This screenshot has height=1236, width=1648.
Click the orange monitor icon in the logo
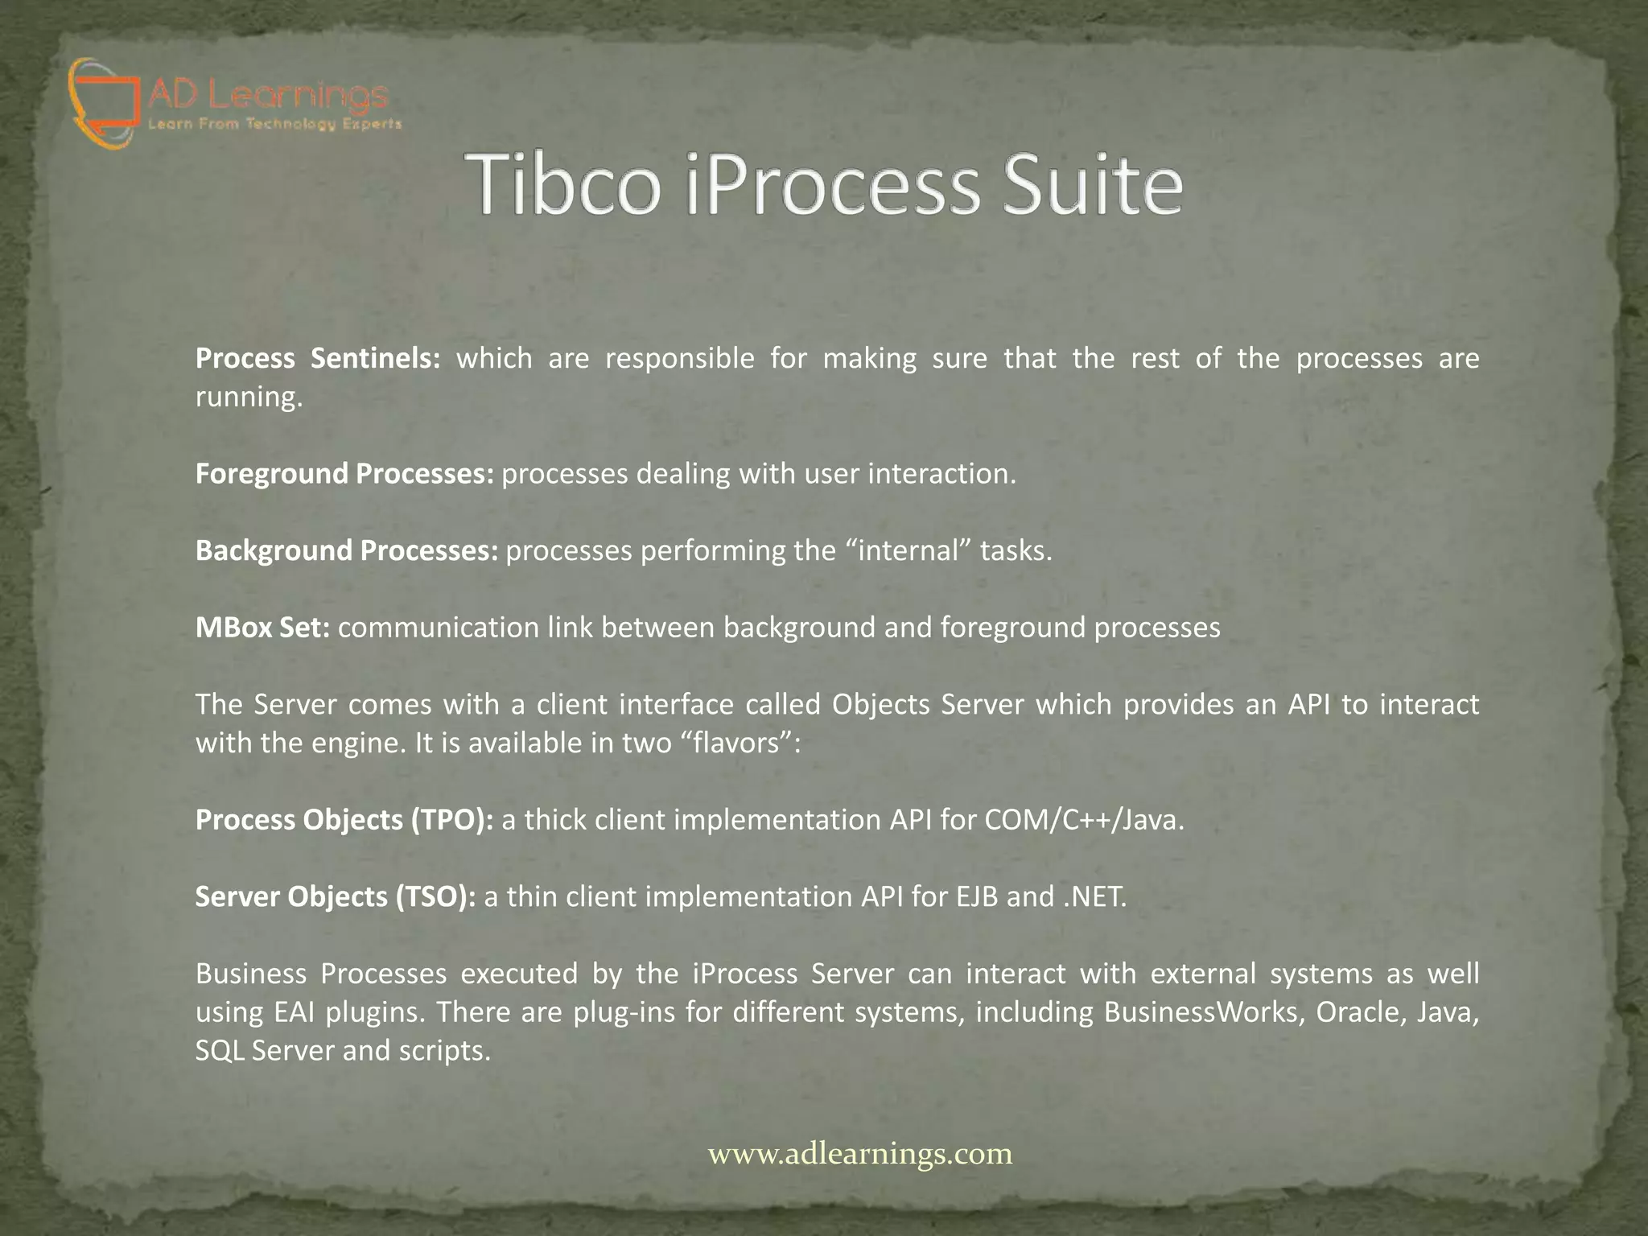(103, 101)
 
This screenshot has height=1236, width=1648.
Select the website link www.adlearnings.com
(859, 1153)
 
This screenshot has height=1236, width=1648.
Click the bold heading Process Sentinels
(318, 358)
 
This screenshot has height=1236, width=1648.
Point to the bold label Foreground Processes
(344, 473)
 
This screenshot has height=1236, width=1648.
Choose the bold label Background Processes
(347, 550)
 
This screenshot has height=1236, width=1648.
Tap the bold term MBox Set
(262, 627)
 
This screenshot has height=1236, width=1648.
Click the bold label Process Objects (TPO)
(344, 819)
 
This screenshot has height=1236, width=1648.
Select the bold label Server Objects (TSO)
(336, 896)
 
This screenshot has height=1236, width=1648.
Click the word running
(249, 398)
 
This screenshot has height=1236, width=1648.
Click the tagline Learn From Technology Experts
(274, 124)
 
